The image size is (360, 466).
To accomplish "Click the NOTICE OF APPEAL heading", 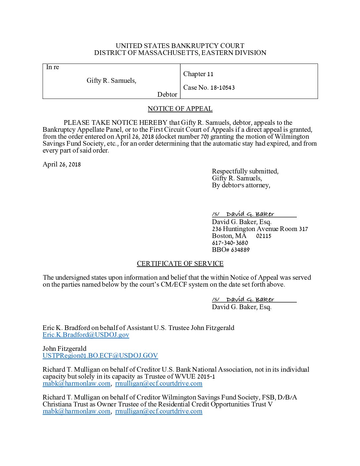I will pyautogui.click(x=180, y=109).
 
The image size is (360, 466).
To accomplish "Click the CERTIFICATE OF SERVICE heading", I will pyautogui.click(x=180, y=264).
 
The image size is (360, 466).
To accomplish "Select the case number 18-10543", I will pyautogui.click(x=223, y=88).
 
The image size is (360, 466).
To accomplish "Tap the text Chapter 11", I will pyautogui.click(x=198, y=74).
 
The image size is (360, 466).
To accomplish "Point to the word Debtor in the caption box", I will pyautogui.click(x=167, y=95).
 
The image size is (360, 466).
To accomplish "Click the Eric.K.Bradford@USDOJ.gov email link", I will pyautogui.click(x=86, y=335).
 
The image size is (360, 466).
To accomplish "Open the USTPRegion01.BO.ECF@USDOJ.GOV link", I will pyautogui.click(x=100, y=356).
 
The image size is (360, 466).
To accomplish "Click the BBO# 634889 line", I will pyautogui.click(x=231, y=250).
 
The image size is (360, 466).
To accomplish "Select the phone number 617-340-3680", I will pyautogui.click(x=230, y=243).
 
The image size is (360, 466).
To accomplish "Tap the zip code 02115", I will pyautogui.click(x=263, y=236).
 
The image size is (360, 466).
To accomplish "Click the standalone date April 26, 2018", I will pyautogui.click(x=62, y=164).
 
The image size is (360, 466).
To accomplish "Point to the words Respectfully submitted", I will pyautogui.click(x=245, y=171).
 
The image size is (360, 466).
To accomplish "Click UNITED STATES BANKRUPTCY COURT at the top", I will pyautogui.click(x=180, y=46).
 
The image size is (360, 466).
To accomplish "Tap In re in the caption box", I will pyautogui.click(x=52, y=67).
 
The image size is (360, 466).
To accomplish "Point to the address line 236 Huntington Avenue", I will pyautogui.click(x=260, y=229).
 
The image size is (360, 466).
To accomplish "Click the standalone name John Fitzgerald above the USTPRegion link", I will pyautogui.click(x=65, y=349).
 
